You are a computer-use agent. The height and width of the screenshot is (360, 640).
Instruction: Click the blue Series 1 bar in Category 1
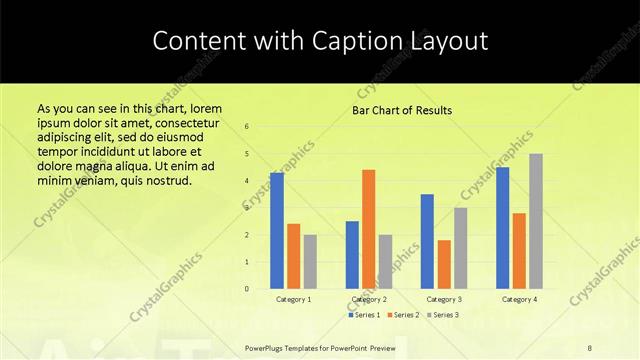(x=277, y=231)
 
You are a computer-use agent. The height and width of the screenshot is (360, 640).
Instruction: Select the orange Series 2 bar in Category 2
(x=369, y=229)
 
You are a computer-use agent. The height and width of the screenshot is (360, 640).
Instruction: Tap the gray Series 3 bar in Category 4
(x=536, y=221)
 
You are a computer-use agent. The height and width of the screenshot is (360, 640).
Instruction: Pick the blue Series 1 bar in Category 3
(x=427, y=241)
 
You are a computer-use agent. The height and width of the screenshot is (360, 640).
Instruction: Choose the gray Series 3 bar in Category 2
(x=386, y=262)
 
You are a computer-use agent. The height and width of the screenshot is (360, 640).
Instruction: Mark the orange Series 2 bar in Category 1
(x=294, y=256)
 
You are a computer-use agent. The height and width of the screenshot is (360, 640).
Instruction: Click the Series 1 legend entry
(x=364, y=315)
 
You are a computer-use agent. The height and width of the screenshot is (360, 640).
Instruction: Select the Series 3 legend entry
(x=443, y=315)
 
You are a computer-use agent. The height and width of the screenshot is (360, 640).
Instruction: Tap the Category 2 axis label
(x=369, y=299)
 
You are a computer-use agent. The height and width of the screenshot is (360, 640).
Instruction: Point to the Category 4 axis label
(x=519, y=299)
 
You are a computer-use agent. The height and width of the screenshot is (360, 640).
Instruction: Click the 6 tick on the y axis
(x=247, y=126)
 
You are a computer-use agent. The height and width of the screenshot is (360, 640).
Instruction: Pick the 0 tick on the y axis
(x=247, y=289)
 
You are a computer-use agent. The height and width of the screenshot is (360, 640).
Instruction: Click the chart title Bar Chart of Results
(x=402, y=110)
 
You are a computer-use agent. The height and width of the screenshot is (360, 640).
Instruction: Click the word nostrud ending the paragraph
(x=167, y=180)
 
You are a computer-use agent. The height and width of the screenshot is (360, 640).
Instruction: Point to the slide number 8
(x=590, y=347)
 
